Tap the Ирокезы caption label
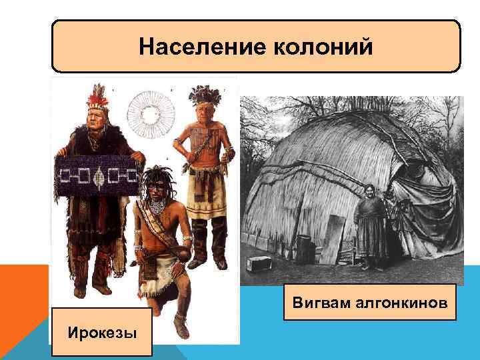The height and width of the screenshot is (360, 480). pos(102,332)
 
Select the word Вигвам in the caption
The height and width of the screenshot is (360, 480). pos(323,304)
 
